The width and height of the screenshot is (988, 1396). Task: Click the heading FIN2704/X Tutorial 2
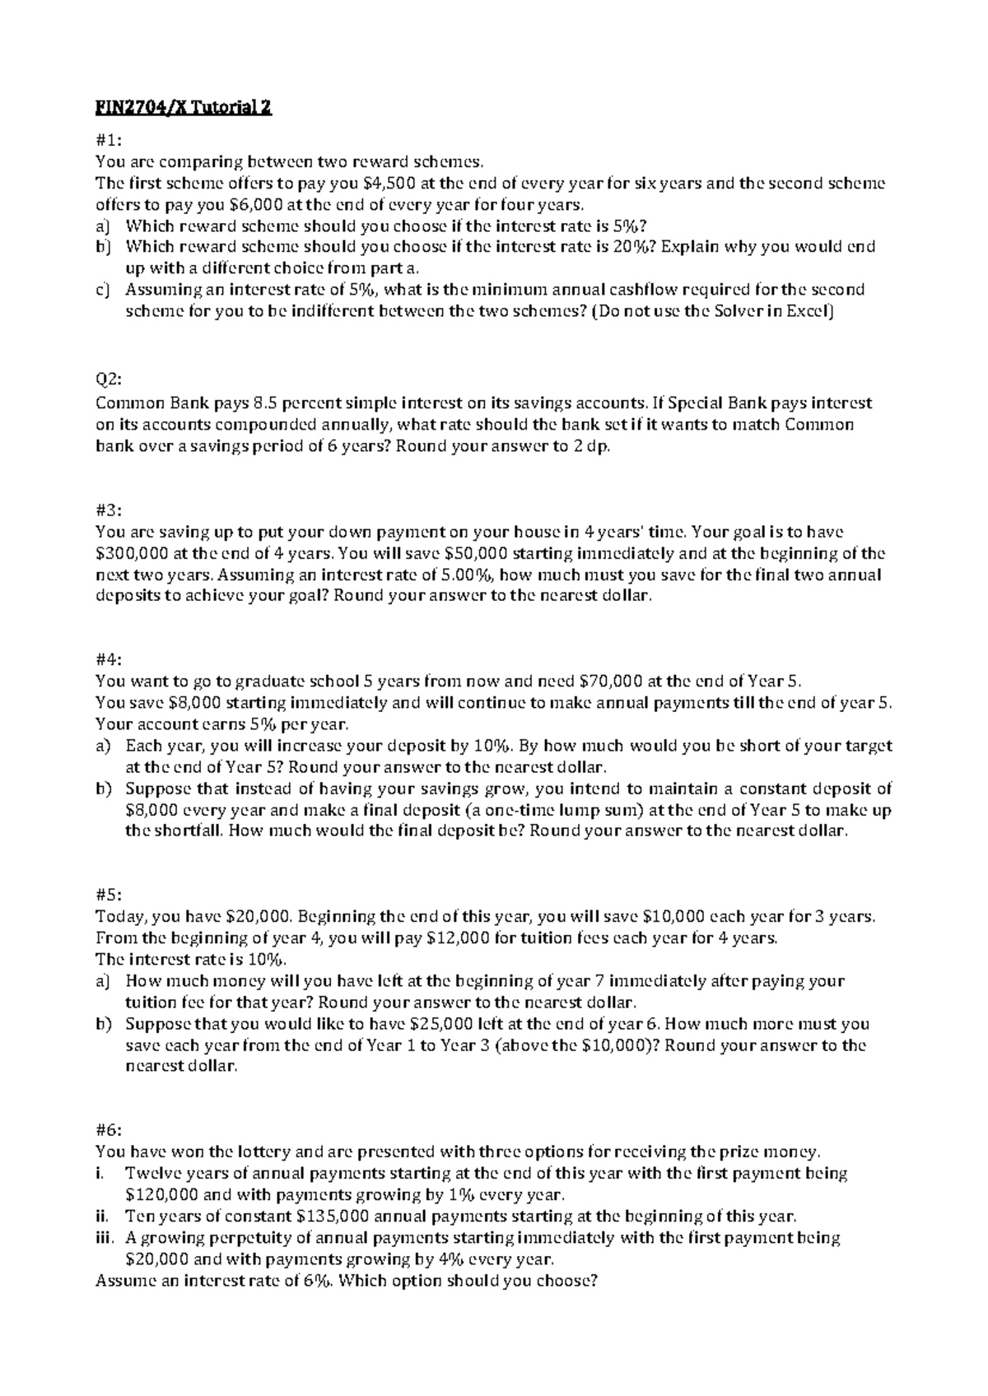[183, 109]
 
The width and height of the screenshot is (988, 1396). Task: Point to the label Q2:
[109, 381]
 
